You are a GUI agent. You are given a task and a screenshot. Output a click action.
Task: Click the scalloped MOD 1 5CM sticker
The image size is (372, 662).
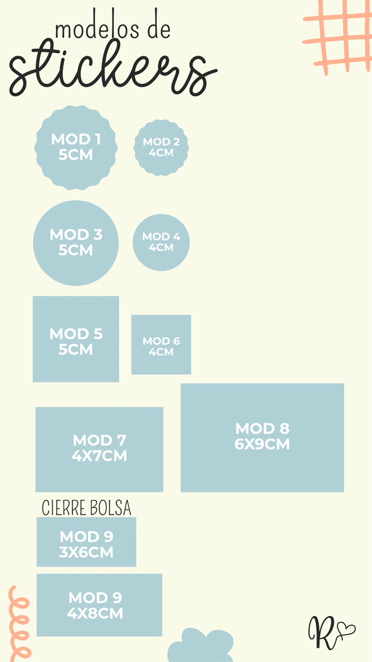coord(76,147)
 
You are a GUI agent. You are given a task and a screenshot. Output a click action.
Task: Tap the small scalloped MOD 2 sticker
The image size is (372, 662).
coord(161,147)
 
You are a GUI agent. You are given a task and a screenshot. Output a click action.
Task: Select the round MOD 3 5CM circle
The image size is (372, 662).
coord(76,243)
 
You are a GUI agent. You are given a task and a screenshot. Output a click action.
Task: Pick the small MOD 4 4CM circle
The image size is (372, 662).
coord(161,242)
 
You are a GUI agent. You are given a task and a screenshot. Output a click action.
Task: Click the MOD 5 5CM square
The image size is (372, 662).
coord(76,339)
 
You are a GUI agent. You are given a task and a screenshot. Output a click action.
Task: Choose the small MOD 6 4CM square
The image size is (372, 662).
coord(161,345)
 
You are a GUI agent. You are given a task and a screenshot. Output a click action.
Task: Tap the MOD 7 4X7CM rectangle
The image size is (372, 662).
coord(100,449)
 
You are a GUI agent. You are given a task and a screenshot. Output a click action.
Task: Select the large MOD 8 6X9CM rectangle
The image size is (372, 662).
coord(262,438)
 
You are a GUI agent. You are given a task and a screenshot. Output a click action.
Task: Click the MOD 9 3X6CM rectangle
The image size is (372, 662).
coord(86,542)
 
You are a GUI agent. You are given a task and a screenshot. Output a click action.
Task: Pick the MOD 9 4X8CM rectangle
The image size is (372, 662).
coord(100,604)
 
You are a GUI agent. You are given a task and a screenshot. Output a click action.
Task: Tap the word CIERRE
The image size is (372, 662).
coord(63,508)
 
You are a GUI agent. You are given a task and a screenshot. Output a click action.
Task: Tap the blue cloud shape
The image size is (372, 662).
coord(201,646)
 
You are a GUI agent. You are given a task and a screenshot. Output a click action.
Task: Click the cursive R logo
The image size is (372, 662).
coord(322,632)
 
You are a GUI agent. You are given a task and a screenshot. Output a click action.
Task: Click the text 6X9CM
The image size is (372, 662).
coord(262,445)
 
